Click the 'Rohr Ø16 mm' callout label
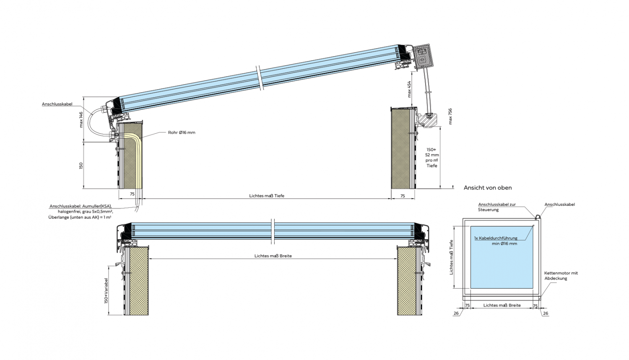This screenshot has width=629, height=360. coord(182,132)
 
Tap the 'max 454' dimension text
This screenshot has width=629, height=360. coord(409,89)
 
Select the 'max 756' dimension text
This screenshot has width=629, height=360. coord(450,116)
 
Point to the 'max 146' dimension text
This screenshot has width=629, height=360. coord(81,119)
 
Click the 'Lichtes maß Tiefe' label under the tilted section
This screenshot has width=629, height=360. coord(267,196)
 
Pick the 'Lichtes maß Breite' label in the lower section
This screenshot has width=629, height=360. coord(273,256)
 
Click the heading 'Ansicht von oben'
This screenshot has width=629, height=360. coord(488,188)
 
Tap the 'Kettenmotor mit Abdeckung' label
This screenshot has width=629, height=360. coord(561,275)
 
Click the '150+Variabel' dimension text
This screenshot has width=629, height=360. coord(106,291)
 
